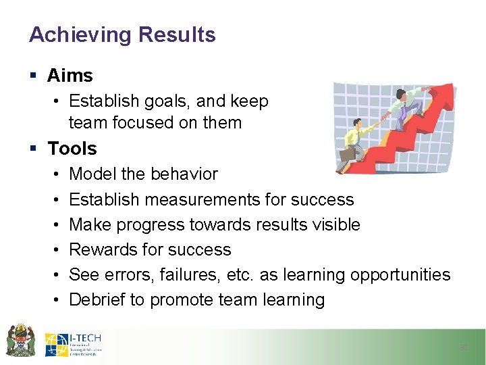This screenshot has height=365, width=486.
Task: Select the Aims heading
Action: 70,76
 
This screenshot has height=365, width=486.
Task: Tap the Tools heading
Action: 72,148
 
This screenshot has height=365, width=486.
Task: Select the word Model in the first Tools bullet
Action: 92,174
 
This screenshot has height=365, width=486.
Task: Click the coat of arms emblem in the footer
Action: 20,340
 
